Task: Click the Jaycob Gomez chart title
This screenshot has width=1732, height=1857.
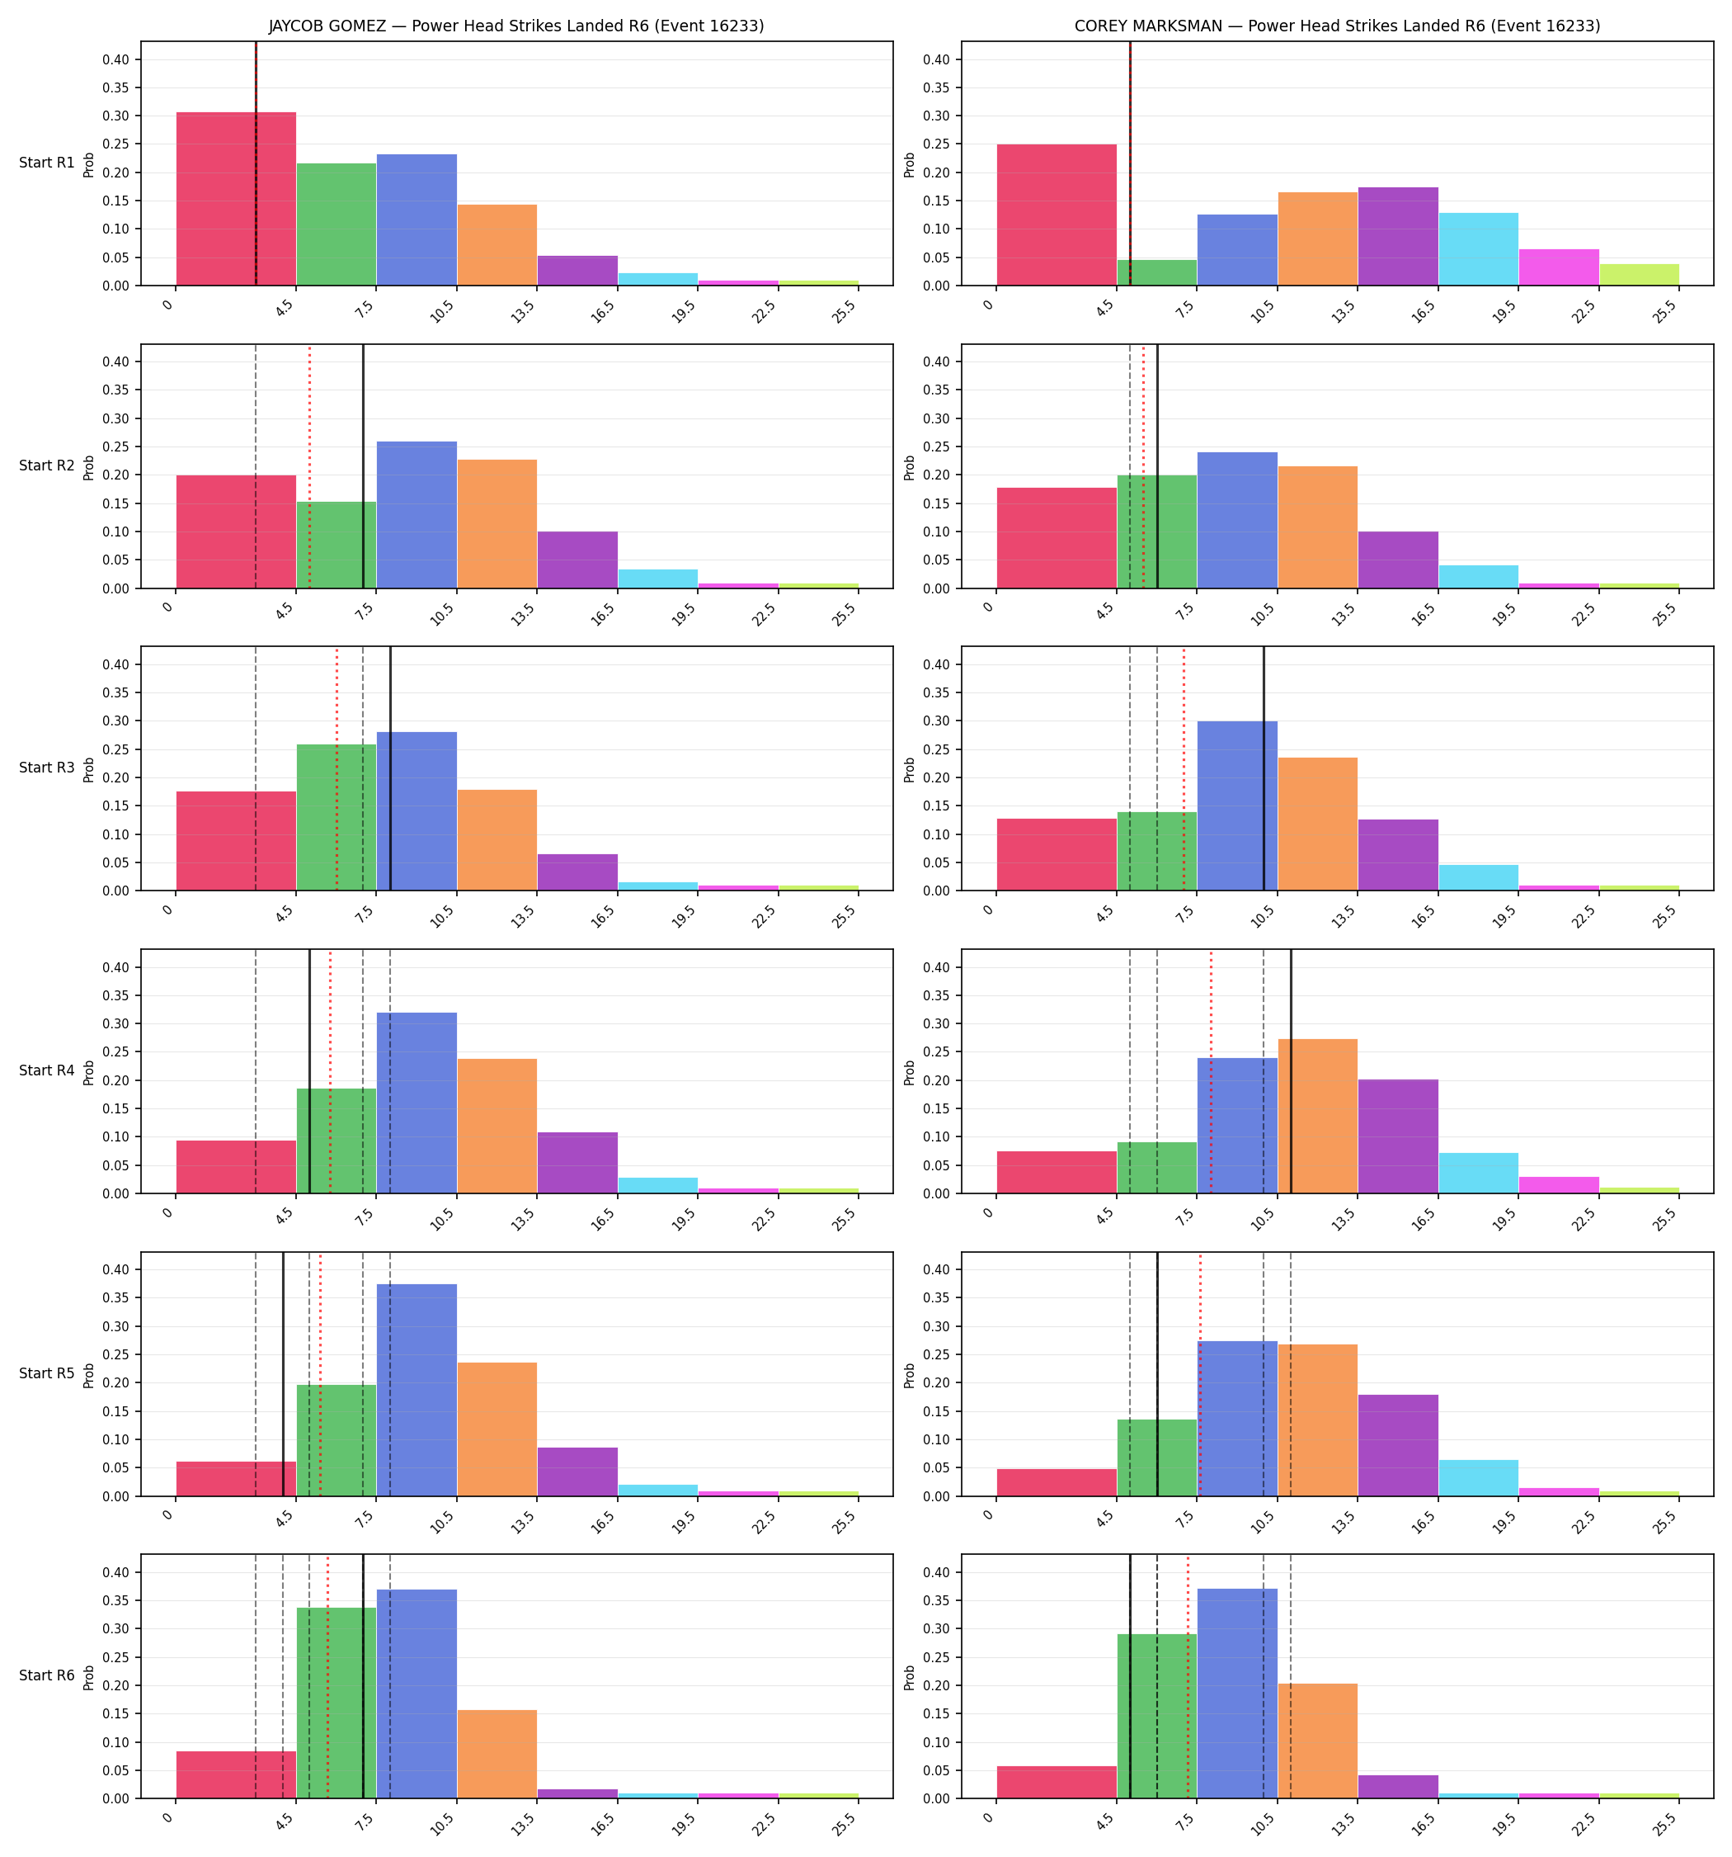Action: click(516, 26)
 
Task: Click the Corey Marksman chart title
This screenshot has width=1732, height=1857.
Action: click(1337, 26)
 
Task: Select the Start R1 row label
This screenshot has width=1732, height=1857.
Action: click(47, 163)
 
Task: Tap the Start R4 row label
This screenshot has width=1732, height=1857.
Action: click(47, 1070)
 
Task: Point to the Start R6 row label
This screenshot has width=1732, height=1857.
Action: click(47, 1675)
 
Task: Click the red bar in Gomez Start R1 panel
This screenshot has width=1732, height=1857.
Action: click(236, 199)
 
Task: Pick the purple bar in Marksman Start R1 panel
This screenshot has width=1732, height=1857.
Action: click(1398, 236)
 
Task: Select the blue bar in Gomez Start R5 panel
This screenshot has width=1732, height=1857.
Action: click(417, 1390)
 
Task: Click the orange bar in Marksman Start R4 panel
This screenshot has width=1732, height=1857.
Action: click(1317, 1116)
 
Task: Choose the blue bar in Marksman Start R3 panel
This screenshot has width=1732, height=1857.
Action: click(1237, 806)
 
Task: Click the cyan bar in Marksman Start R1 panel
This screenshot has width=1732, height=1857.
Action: click(1478, 249)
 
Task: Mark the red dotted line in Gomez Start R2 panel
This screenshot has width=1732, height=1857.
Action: click(310, 466)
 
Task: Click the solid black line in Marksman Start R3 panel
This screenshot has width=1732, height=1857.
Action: click(1264, 768)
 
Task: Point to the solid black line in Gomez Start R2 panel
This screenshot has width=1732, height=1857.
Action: click(363, 466)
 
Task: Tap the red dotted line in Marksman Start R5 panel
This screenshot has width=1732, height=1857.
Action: click(1201, 1374)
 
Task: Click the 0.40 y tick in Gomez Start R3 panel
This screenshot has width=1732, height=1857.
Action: click(115, 665)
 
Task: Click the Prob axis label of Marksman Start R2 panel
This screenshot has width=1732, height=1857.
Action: click(910, 467)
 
